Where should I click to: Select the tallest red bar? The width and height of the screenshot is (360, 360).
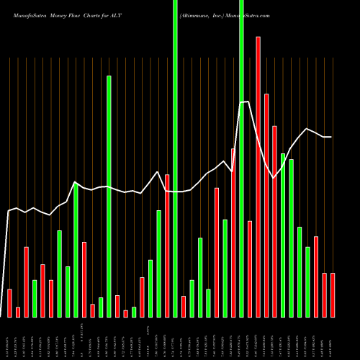(x=258, y=176)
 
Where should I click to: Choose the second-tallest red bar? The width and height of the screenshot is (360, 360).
(x=266, y=205)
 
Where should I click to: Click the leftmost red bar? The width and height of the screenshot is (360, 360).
(x=9, y=302)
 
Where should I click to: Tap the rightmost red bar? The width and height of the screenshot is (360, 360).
(x=333, y=294)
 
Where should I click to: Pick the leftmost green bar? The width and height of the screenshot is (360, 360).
(x=35, y=298)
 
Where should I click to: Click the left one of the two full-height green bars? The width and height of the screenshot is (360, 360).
(x=175, y=158)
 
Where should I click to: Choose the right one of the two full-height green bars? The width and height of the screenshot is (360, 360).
(x=241, y=158)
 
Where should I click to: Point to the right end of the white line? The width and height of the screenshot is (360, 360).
(x=331, y=137)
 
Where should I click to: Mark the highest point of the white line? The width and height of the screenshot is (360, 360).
(x=248, y=102)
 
